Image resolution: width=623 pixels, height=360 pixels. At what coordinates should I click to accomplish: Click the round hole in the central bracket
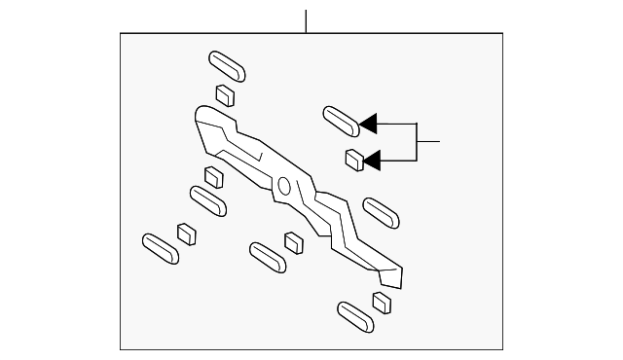(x=284, y=186)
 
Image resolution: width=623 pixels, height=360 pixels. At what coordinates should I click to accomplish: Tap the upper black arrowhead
(x=367, y=124)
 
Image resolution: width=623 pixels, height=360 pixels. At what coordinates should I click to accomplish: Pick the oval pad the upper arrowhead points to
(x=340, y=121)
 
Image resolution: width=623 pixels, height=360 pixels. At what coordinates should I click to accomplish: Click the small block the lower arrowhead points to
(x=354, y=160)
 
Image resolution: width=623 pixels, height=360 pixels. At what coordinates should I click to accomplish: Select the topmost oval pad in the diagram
(x=227, y=65)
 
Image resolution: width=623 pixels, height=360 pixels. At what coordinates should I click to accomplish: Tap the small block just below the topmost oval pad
(x=225, y=95)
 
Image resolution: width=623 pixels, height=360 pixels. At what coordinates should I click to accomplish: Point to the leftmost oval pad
(x=161, y=247)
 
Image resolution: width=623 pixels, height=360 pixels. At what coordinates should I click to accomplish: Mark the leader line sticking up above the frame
(x=306, y=20)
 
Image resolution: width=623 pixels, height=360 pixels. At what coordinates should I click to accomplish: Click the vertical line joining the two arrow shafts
(x=418, y=141)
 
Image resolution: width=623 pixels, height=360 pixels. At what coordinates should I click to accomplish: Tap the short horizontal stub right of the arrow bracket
(x=429, y=142)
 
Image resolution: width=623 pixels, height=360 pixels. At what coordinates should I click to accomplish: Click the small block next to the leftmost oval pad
(x=186, y=234)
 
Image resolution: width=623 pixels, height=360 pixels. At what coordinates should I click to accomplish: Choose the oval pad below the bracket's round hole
(x=267, y=256)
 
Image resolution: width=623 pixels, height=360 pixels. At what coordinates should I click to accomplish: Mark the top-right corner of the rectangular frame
(x=502, y=34)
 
